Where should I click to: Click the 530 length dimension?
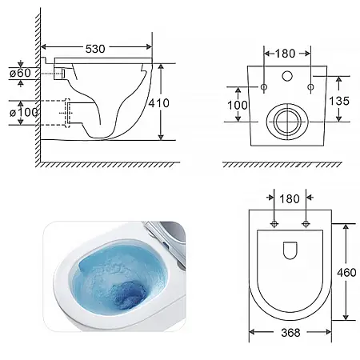95,49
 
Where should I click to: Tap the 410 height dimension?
158,103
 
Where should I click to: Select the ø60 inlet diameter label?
20,73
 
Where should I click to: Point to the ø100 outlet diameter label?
23,112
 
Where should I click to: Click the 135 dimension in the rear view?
339,101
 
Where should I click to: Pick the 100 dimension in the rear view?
238,105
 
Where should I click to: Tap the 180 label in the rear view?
285,54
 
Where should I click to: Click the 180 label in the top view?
290,199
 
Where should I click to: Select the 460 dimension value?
346,273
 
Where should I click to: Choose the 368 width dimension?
290,333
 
